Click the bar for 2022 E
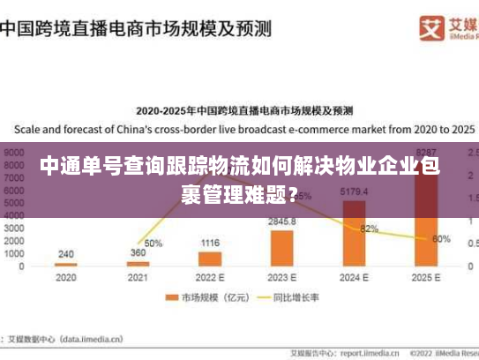click(x=210, y=259)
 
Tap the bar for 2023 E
click(x=281, y=248)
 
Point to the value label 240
click(x=65, y=254)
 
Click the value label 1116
click(x=210, y=243)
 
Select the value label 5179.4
click(x=354, y=191)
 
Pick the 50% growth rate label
click(x=153, y=243)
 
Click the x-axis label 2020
click(x=65, y=277)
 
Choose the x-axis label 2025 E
click(x=426, y=277)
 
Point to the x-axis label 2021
click(x=138, y=277)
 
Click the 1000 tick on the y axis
click(x=14, y=253)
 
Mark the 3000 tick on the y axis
click(x=14, y=228)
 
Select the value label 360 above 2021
click(x=138, y=252)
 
